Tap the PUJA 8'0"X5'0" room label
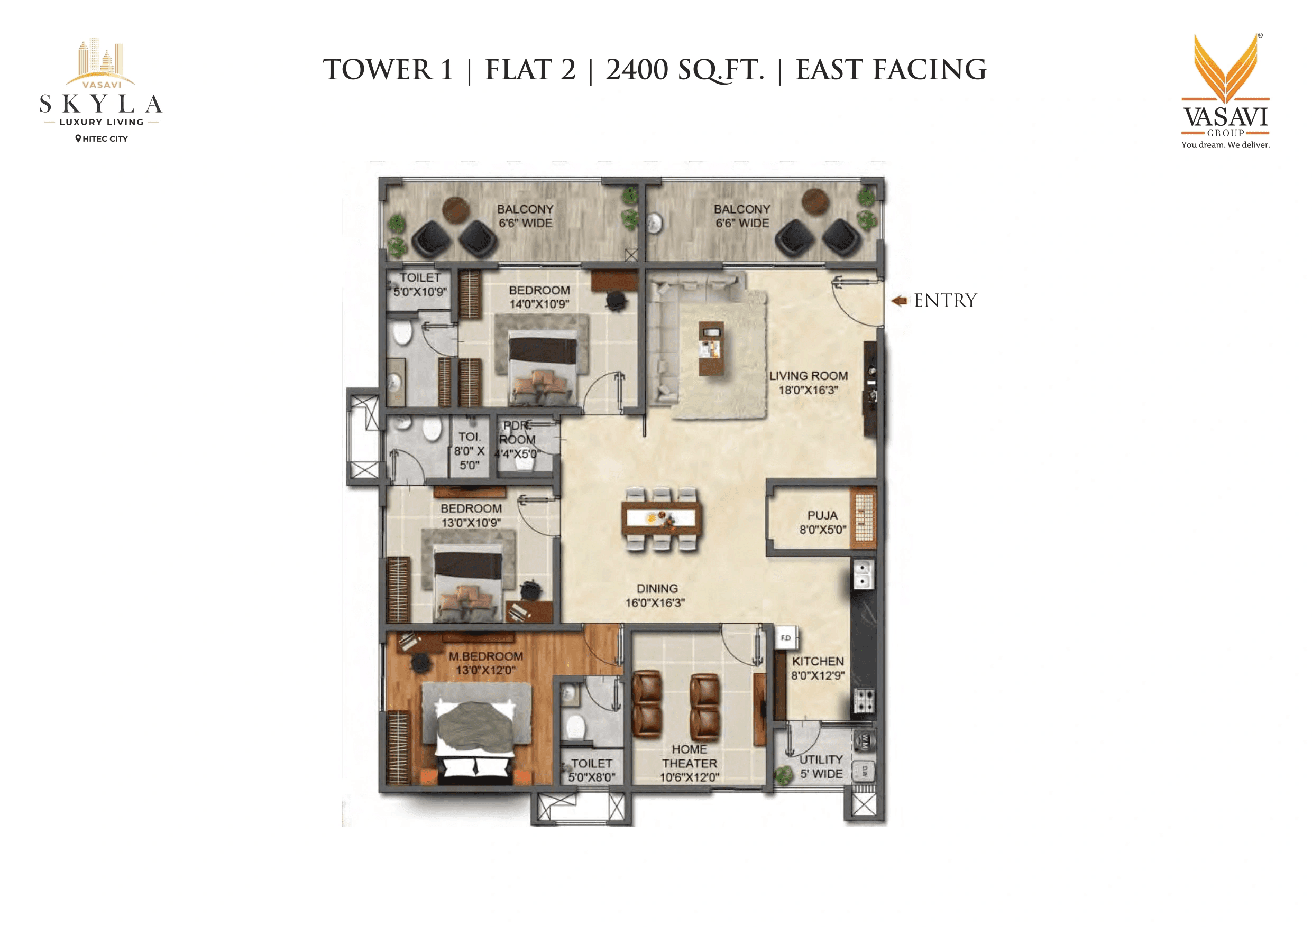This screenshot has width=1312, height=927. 822,522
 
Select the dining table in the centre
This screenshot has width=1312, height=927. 661,518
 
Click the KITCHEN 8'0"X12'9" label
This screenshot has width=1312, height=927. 818,668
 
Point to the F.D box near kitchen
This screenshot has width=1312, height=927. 786,638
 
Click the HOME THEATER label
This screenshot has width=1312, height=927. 689,763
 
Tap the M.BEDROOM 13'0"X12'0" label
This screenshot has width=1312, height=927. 485,663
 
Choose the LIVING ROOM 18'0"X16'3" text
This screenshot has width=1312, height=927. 808,383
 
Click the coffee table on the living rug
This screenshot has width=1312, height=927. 711,348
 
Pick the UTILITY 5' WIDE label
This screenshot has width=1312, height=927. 821,766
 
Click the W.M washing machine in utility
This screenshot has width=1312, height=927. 864,741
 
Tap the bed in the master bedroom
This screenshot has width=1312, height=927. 475,737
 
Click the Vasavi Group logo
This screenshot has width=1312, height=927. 1225,91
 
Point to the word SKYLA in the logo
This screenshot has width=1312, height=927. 101,105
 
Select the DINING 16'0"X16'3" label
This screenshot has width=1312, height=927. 656,595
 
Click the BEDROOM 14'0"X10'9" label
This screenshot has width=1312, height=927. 539,297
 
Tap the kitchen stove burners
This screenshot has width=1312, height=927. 863,701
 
